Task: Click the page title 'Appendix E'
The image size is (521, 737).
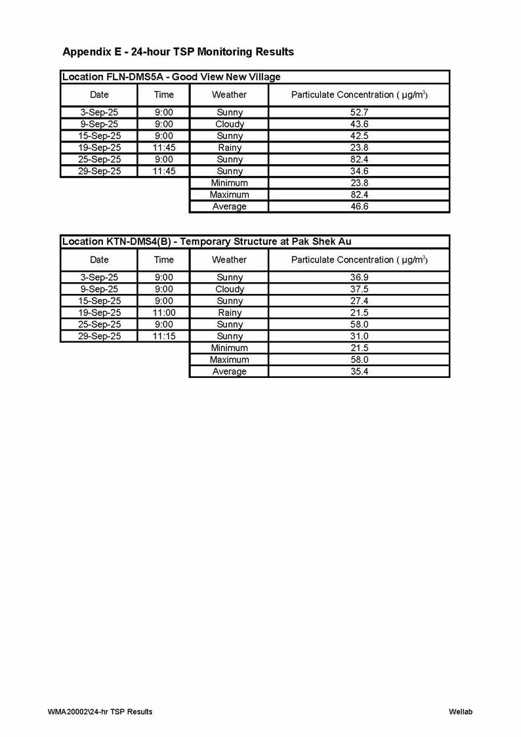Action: tap(178, 51)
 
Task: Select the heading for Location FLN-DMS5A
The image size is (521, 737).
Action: tap(171, 77)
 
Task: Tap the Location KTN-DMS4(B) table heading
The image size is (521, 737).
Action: tap(207, 242)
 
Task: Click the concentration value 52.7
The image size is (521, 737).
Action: tap(359, 112)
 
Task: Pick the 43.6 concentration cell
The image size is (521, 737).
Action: tap(359, 124)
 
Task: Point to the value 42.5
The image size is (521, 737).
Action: tap(359, 136)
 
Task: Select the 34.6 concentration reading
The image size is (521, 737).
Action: tap(359, 171)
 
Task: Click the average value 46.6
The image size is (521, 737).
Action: tap(359, 207)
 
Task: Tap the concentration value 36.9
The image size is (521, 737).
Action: tap(359, 277)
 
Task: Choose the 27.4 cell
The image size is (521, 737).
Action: tap(359, 301)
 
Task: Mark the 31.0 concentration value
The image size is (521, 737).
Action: tap(359, 336)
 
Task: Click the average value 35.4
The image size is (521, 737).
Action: tap(359, 371)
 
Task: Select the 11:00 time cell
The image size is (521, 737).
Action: tap(163, 312)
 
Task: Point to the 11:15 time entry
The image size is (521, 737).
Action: tap(163, 336)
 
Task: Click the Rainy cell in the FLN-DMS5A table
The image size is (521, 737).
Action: tap(229, 148)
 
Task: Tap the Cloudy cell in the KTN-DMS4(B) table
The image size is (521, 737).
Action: tap(229, 289)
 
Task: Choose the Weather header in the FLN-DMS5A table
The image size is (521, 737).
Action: tap(229, 95)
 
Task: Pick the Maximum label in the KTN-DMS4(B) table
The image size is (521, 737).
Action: tap(229, 360)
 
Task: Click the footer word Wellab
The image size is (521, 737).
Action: tap(461, 711)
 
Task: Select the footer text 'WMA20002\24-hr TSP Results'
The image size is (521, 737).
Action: tap(100, 711)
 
